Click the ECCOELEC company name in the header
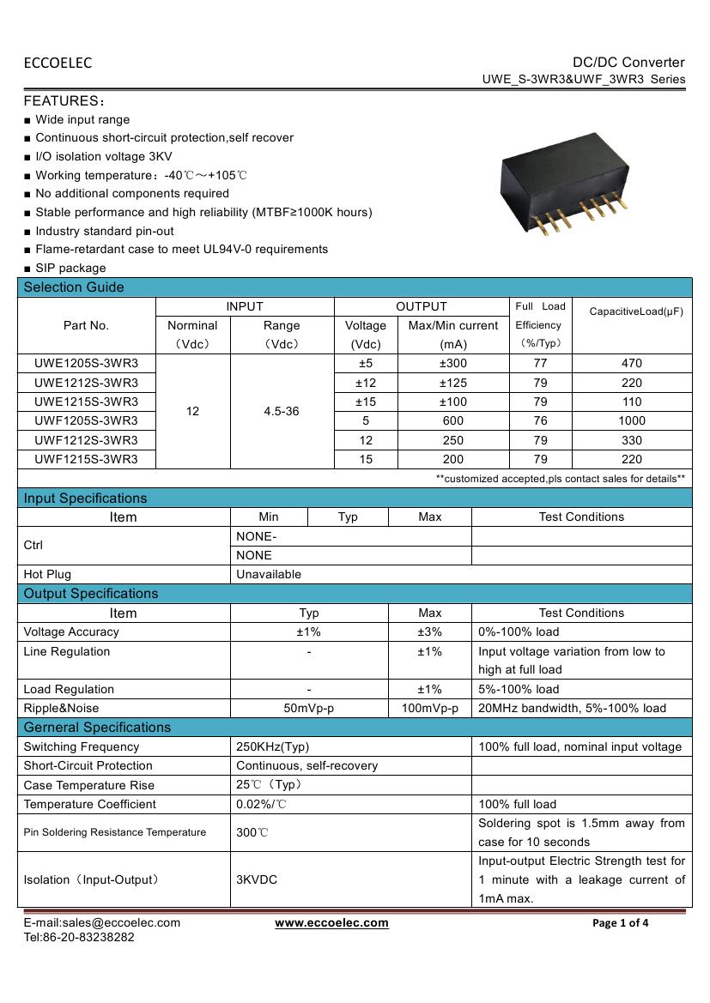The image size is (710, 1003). pos(58,63)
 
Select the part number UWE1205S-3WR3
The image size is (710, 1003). pos(86,363)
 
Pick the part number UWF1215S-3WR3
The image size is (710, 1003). pos(86,459)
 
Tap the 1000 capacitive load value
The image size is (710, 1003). pos(631,420)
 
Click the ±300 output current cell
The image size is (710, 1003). pos(452,363)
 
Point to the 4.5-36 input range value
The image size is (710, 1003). pos(282,411)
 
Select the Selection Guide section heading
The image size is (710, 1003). pos(74,287)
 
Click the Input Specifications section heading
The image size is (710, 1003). pos(85,498)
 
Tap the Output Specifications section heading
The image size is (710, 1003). pos(91,594)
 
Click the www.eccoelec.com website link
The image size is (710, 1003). pos(331,923)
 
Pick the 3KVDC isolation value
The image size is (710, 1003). pos(257,880)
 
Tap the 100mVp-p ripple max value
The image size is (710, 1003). pos(429,709)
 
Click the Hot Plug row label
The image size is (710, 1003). pos(47,574)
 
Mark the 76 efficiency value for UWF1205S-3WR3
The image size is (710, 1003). pos(540,420)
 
